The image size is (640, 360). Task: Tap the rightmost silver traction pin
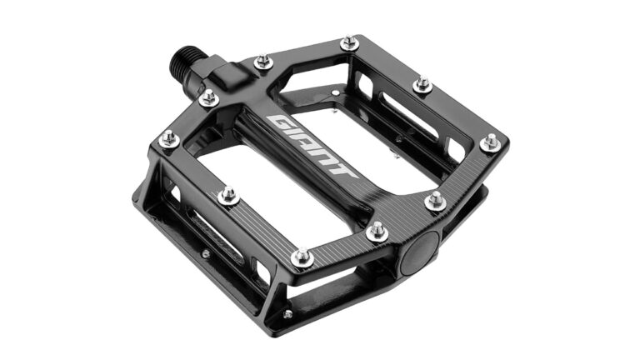[x=490, y=142]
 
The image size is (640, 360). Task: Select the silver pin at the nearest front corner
[x=302, y=257]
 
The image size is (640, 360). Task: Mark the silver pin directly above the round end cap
[x=435, y=200]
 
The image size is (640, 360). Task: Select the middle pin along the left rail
[x=227, y=195]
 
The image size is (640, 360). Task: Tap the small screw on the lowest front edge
[x=287, y=314]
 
